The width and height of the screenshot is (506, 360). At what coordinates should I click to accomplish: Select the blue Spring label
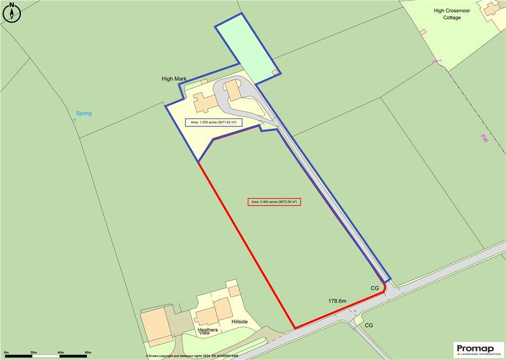(84, 114)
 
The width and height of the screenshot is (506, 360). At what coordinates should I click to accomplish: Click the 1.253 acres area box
(213, 122)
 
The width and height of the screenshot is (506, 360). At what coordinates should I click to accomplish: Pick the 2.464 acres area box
(274, 201)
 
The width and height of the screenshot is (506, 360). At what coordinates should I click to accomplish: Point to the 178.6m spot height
(337, 300)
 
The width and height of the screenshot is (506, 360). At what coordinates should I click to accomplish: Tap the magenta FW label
(484, 139)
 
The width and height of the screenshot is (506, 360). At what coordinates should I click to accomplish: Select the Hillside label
(240, 321)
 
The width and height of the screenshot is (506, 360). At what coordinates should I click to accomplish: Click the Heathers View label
(208, 331)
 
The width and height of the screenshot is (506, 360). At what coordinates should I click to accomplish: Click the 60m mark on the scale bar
(88, 352)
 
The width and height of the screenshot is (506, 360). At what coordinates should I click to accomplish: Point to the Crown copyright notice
(192, 356)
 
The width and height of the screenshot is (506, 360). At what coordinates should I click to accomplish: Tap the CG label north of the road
(375, 287)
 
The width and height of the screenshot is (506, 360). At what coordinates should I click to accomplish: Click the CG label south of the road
(369, 325)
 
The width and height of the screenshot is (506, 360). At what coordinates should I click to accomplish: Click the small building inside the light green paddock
(275, 73)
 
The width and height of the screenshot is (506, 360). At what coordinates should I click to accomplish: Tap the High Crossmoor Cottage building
(491, 8)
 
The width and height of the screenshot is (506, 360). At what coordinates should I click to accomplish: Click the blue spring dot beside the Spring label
(75, 120)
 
